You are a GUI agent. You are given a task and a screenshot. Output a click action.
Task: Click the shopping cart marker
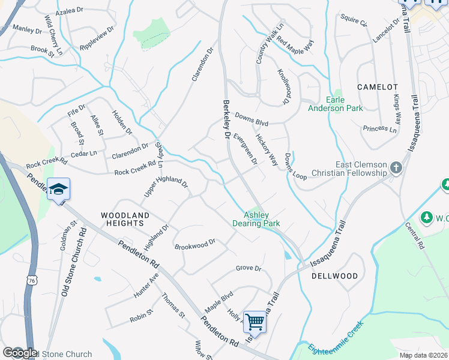click(x=255, y=322)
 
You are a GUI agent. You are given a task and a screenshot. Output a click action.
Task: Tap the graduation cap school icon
click(x=58, y=189)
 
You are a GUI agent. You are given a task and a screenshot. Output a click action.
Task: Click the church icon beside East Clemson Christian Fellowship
click(x=396, y=167)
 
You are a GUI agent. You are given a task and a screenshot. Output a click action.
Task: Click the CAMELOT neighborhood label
click(x=378, y=87)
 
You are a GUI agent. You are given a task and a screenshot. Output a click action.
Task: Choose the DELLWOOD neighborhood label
click(x=335, y=277)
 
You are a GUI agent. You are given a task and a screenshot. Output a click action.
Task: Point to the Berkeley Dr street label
click(x=227, y=119)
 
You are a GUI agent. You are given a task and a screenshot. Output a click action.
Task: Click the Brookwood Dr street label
click(x=195, y=245)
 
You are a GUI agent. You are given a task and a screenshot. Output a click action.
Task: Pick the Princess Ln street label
click(x=379, y=129)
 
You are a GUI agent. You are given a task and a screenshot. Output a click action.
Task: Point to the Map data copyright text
click(x=424, y=355)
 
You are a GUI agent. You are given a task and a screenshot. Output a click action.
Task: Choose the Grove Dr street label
click(x=249, y=268)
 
